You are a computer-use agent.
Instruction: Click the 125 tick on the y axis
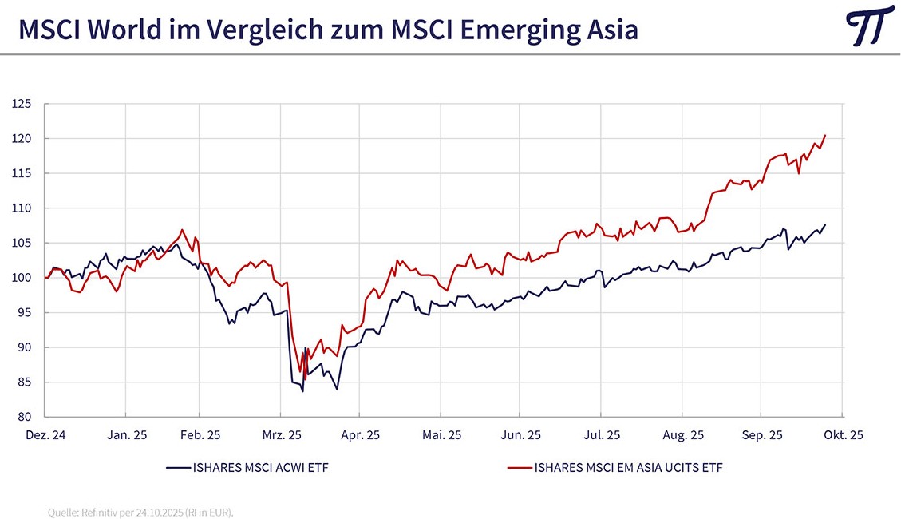pos(22,104)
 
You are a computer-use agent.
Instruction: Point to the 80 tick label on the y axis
pos(24,417)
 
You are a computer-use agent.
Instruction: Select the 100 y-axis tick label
pos(22,278)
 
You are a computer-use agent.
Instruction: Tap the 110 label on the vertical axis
pos(22,208)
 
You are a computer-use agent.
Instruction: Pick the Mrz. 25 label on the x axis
pos(281,435)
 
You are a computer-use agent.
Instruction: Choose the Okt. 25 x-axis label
pos(844,435)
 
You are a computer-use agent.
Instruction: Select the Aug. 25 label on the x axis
pos(682,435)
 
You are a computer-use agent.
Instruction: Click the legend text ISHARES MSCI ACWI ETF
pos(260,467)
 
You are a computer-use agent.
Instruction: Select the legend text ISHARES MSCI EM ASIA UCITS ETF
pos(629,467)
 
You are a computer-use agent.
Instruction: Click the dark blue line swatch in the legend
pos(177,467)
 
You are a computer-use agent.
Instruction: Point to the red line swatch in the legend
pos(519,467)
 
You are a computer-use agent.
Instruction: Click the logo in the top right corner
pos(868,26)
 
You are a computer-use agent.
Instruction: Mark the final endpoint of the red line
pos(824,136)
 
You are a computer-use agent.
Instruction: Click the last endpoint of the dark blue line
pos(824,225)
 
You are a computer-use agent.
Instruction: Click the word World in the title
pos(132,30)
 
